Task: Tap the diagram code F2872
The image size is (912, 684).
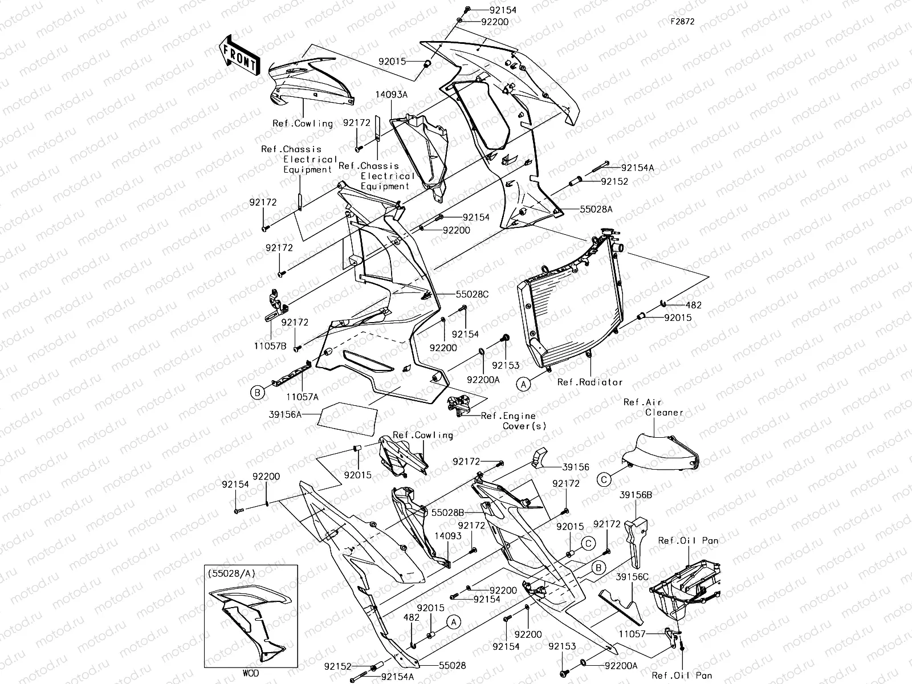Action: [x=682, y=22]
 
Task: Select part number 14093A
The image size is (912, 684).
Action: [x=391, y=95]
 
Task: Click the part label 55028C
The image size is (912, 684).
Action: [x=472, y=295]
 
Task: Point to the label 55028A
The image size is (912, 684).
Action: [x=596, y=209]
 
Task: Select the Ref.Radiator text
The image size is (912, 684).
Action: [x=590, y=382]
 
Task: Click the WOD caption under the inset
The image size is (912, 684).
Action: [x=250, y=673]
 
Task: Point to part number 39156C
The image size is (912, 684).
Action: [x=632, y=577]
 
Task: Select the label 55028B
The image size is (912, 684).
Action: [x=447, y=512]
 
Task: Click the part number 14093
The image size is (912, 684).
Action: [x=447, y=536]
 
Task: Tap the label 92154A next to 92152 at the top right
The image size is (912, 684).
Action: [x=638, y=168]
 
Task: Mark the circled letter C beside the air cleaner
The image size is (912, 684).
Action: [x=605, y=480]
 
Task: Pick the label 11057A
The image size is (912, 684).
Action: [x=302, y=396]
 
